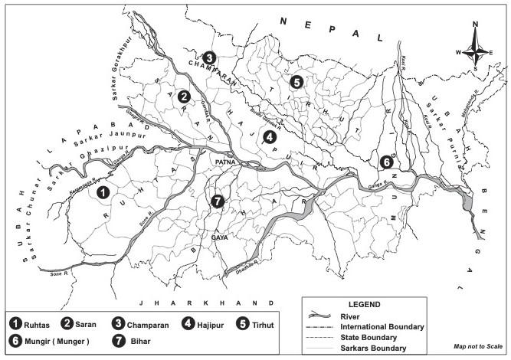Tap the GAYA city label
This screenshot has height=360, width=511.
(x=219, y=238)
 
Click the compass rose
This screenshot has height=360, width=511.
(x=476, y=51)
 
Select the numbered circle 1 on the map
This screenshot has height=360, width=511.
(x=103, y=192)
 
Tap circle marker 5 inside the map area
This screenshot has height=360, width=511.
(x=296, y=81)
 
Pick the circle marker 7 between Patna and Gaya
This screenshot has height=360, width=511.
(x=218, y=201)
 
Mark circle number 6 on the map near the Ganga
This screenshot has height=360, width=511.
(x=387, y=162)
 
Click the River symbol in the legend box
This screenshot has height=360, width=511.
(x=325, y=316)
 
